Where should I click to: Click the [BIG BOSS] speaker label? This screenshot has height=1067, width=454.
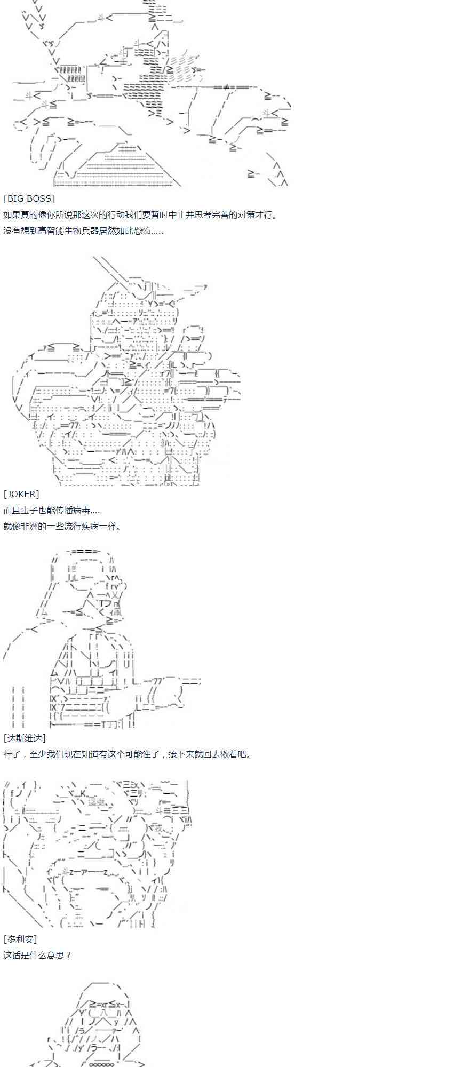click(29, 198)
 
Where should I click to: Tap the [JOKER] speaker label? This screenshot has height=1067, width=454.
click(21, 494)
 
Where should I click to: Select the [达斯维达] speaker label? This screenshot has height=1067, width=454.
click(25, 738)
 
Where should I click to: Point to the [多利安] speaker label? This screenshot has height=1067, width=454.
click(20, 939)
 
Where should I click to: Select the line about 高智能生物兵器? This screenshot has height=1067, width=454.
click(83, 230)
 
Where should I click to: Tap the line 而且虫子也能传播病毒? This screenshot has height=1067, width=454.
click(51, 510)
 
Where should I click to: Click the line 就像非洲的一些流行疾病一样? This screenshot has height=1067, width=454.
click(62, 526)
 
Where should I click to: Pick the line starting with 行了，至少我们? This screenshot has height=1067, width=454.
click(128, 754)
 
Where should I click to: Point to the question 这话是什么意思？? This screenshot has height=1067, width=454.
click(37, 955)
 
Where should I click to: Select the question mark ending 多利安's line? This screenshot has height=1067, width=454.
click(68, 955)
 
